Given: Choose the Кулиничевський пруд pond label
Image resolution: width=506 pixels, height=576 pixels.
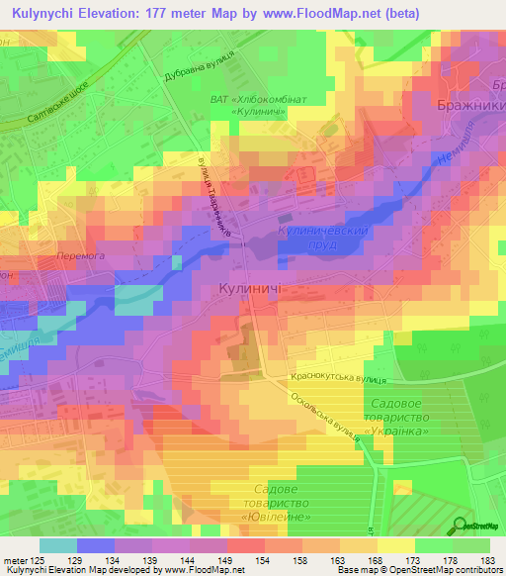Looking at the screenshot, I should coord(337,237).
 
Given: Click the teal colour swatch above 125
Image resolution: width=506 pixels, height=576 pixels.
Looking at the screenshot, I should coord(58,545).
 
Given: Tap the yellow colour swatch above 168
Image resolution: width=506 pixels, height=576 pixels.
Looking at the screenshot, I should coord(359,545).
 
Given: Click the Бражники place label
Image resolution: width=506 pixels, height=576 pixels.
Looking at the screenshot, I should coord(469,104).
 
